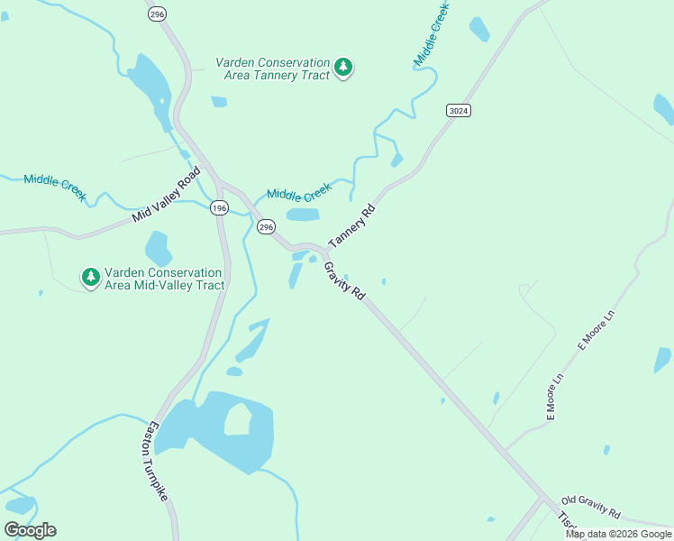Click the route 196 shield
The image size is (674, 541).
(219, 208)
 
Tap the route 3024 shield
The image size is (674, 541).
(458, 110)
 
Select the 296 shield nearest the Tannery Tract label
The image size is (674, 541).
(158, 14)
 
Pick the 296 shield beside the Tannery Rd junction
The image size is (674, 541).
(265, 227)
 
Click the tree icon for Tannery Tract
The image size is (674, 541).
(342, 68)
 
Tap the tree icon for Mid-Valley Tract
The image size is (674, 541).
(90, 278)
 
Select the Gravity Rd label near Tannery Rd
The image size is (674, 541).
(345, 281)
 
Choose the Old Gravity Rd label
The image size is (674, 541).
(590, 507)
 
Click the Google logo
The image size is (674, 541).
(31, 530)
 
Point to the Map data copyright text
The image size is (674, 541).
(619, 534)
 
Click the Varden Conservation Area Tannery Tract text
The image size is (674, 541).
(273, 69)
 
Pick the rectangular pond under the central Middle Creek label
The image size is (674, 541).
(303, 215)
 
